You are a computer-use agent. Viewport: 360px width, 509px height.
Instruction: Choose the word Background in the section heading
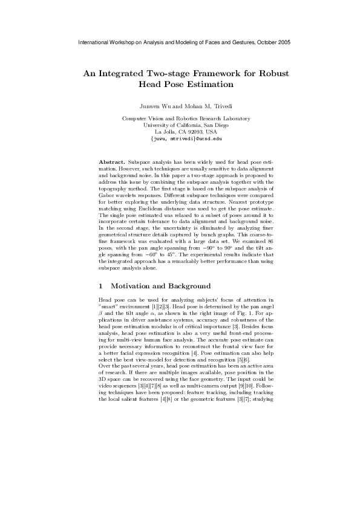173,285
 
